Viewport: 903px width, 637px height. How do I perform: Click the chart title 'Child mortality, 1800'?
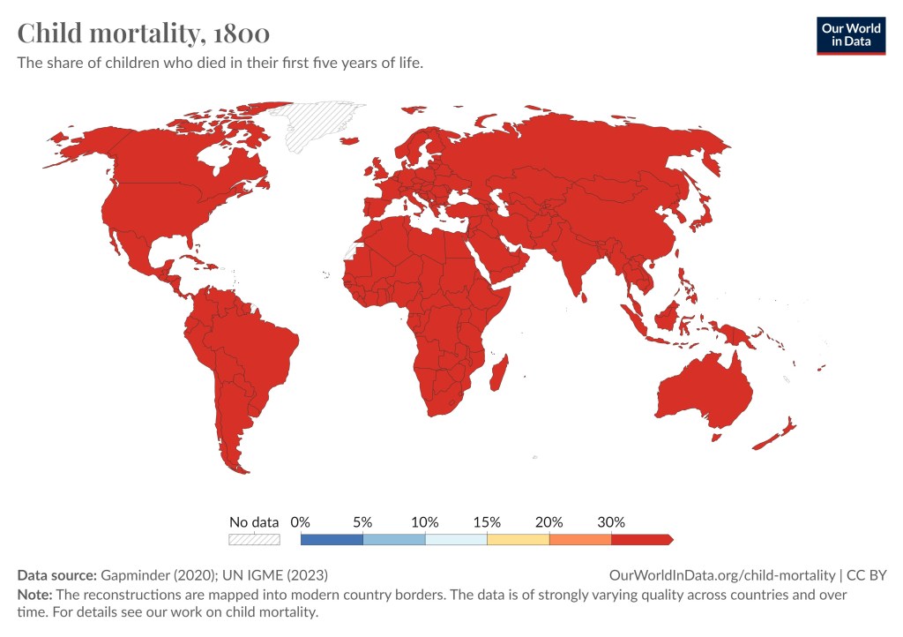(144, 34)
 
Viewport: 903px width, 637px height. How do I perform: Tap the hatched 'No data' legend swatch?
(254, 539)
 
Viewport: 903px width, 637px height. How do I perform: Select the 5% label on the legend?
(362, 521)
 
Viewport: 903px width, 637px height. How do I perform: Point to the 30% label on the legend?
(611, 521)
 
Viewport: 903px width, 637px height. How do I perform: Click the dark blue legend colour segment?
(332, 539)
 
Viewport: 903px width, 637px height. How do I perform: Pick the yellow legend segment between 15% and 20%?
(518, 539)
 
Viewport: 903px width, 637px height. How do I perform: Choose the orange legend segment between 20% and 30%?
(579, 539)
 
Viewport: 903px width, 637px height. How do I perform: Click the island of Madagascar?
(499, 373)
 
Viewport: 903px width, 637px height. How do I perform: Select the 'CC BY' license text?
(866, 575)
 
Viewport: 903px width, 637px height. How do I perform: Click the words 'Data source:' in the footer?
(56, 575)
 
